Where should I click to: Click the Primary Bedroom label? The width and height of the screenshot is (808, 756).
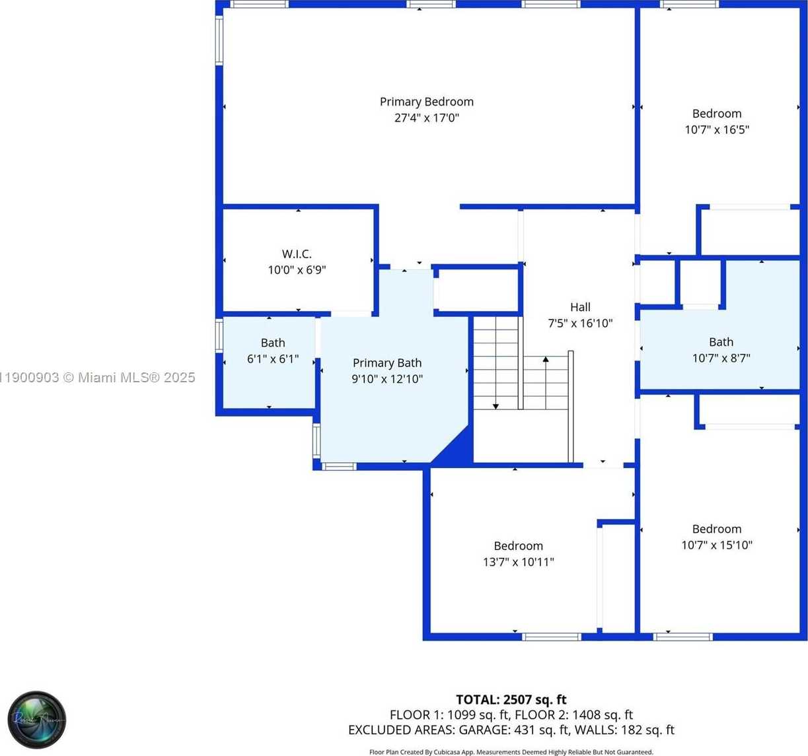tap(426, 102)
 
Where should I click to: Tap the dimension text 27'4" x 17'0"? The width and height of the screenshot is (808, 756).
tap(426, 118)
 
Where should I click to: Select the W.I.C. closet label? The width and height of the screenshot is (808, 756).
tap(297, 254)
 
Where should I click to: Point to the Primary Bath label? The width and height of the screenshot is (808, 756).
tap(386, 362)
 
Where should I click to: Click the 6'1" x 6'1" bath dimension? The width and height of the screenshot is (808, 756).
tap(273, 359)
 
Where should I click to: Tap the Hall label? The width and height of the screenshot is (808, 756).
tap(580, 307)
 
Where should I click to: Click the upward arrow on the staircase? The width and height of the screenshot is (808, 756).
tap(546, 361)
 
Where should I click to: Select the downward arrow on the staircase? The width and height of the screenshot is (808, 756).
tap(496, 405)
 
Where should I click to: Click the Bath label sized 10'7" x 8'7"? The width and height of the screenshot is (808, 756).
tap(721, 342)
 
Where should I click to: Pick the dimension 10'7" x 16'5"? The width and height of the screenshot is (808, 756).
tap(717, 130)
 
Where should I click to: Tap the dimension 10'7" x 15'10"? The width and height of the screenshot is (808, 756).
tap(717, 545)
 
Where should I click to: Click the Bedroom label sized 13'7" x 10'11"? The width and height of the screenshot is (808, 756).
tap(518, 546)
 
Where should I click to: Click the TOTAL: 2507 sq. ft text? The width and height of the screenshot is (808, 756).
tap(511, 699)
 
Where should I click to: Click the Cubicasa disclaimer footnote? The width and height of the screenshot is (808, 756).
tap(511, 752)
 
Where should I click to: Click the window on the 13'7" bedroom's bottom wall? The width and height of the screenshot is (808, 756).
tap(551, 637)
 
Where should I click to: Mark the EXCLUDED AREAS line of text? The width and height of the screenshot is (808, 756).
tap(511, 730)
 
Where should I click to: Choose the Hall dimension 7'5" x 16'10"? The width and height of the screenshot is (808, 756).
tap(580, 324)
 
